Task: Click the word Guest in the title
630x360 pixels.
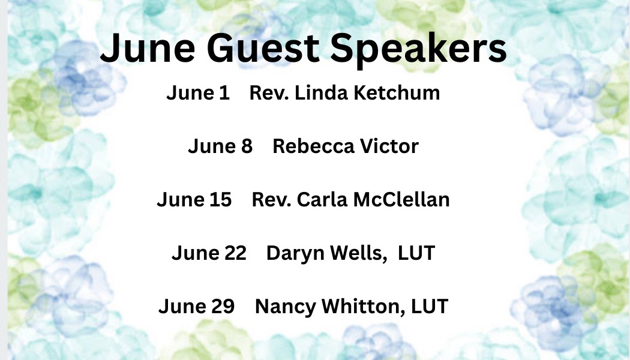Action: (263, 48)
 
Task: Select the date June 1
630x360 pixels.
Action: (197, 93)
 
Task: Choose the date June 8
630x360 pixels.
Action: (220, 146)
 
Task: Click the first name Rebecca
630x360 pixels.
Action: (313, 146)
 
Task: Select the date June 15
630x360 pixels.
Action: (194, 200)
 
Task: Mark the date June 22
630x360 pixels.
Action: (209, 253)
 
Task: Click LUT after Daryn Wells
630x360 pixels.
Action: (416, 253)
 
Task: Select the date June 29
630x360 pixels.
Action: (196, 307)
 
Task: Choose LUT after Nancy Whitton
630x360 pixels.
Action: (430, 307)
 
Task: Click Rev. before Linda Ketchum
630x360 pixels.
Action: (269, 93)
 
